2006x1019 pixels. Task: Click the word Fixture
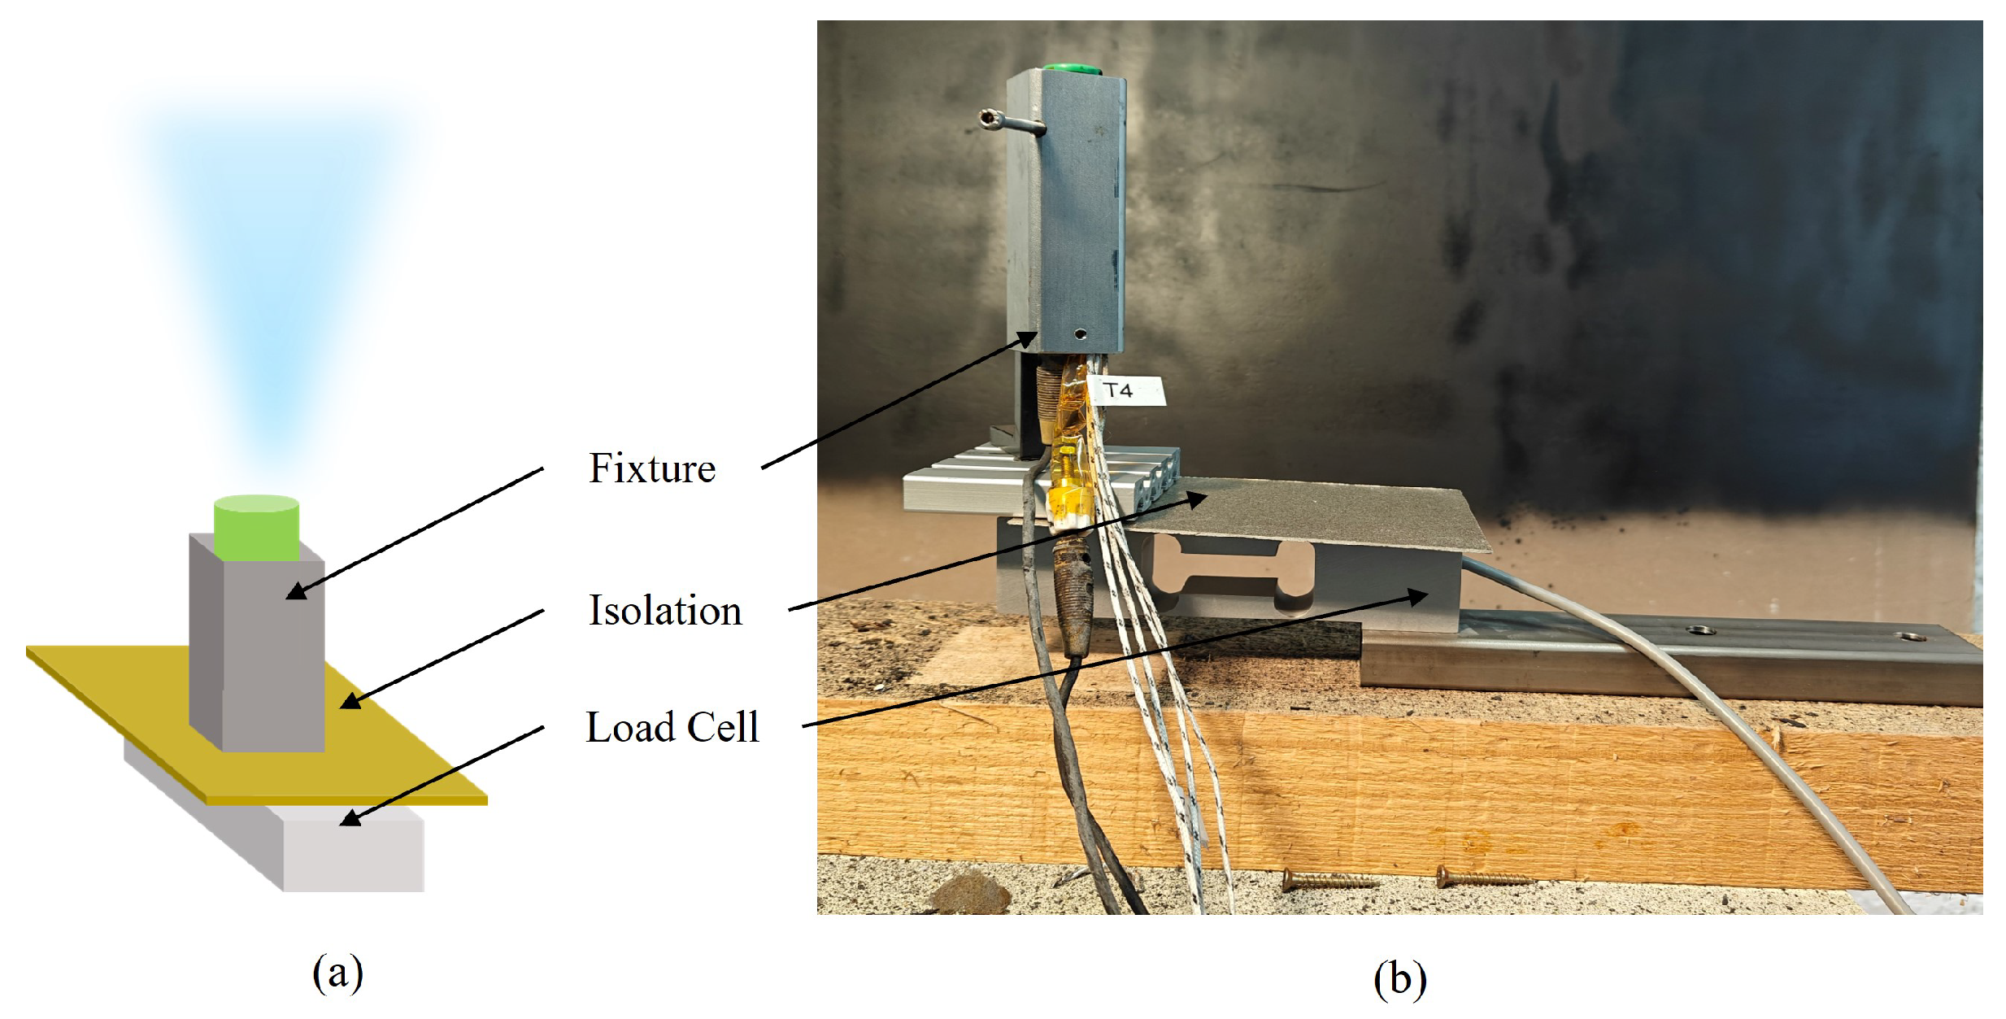(x=651, y=468)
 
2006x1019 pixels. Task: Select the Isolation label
(x=664, y=611)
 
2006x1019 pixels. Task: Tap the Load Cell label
(x=672, y=727)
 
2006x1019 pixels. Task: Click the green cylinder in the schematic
(x=256, y=528)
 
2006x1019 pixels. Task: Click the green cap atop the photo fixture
(x=1072, y=69)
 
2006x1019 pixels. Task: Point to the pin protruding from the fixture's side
(x=1008, y=122)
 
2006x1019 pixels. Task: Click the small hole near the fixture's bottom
(x=1081, y=333)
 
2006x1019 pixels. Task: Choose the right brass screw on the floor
(x=1480, y=877)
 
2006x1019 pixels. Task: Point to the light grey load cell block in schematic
(x=354, y=854)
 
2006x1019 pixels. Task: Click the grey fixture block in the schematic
(x=272, y=651)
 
